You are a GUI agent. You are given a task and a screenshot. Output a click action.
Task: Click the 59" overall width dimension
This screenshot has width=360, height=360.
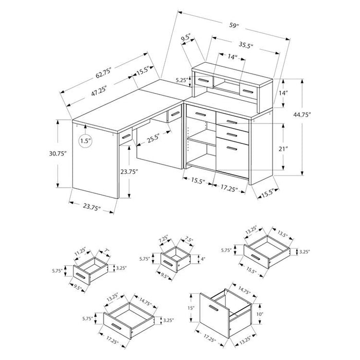click(x=234, y=26)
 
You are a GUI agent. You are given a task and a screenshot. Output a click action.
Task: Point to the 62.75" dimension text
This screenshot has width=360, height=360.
click(x=103, y=73)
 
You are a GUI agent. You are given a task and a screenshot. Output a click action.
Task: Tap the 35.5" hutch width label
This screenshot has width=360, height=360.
click(x=246, y=45)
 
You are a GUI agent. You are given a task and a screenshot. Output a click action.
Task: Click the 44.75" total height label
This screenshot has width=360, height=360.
click(x=302, y=115)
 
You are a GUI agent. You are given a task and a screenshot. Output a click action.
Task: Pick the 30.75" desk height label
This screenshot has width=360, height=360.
click(x=58, y=154)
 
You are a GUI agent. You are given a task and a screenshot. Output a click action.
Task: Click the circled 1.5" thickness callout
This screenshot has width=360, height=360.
click(x=85, y=141)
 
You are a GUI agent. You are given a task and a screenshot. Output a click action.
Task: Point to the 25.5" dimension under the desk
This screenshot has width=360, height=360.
click(x=153, y=139)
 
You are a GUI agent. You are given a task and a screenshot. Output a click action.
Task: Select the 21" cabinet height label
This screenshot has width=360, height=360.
click(x=283, y=149)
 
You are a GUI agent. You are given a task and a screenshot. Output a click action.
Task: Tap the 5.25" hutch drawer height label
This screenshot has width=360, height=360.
click(x=182, y=80)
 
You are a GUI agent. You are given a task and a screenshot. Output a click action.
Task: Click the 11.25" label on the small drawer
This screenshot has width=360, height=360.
click(x=80, y=251)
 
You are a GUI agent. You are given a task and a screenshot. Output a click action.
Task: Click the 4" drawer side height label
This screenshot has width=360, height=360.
click(x=203, y=259)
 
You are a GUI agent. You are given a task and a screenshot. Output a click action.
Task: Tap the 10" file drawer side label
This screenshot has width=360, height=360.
click(x=259, y=314)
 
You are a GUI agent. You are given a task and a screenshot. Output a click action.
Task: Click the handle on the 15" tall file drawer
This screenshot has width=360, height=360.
click(x=213, y=309)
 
